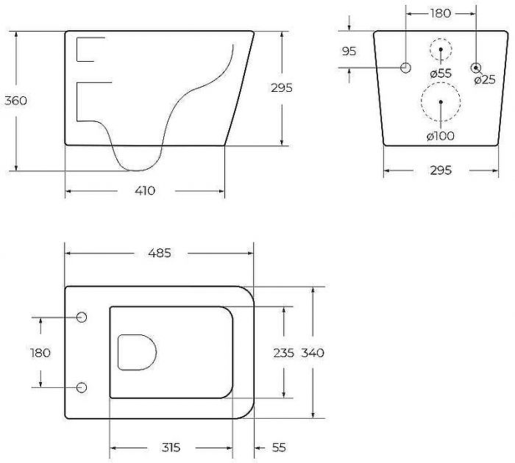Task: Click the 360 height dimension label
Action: point(15,101)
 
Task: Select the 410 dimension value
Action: point(145,190)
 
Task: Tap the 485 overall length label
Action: point(160,253)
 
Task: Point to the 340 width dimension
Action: point(313,353)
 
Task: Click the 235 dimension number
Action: point(283,353)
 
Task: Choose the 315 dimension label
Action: point(171,448)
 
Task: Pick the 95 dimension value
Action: point(349,51)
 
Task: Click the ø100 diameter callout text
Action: point(441,135)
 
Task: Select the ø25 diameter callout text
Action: point(485,79)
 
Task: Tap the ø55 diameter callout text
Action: point(441,73)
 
